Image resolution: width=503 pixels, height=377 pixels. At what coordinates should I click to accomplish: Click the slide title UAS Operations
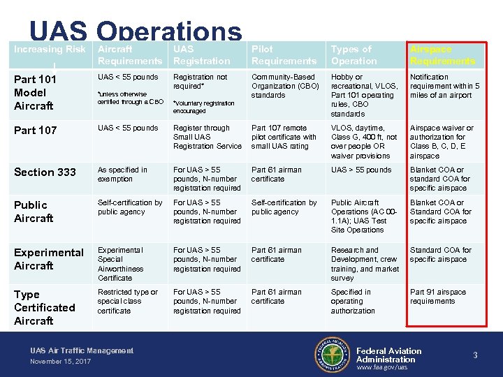pos(136,31)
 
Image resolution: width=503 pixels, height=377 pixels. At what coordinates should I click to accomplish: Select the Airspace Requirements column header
pos(442,55)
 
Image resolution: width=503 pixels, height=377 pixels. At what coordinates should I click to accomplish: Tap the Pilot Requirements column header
pos(284,55)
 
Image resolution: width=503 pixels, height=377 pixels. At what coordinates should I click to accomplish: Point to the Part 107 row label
pos(36,130)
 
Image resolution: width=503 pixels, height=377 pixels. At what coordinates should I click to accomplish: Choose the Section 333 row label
pos(45,172)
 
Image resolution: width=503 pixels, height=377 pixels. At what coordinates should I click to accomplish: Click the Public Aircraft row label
pos(34,212)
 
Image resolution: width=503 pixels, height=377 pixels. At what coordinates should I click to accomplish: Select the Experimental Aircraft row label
pos(48,259)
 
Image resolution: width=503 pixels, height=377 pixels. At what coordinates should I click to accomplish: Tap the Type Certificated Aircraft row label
pos(44,307)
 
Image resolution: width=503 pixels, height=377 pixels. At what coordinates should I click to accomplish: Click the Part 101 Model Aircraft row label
pos(35,92)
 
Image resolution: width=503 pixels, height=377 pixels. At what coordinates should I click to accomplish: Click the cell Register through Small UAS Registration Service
pos(207,137)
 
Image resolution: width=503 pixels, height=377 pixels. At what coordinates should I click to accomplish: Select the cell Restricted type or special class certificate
pos(128,301)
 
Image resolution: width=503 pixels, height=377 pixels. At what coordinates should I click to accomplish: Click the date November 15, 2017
pos(60,362)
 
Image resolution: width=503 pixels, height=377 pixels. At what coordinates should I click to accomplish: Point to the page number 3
pos(475,355)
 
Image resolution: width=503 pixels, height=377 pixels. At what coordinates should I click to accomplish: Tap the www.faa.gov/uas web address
pos(381,367)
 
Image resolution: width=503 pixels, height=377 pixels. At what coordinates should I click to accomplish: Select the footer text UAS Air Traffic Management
pos(82,350)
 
